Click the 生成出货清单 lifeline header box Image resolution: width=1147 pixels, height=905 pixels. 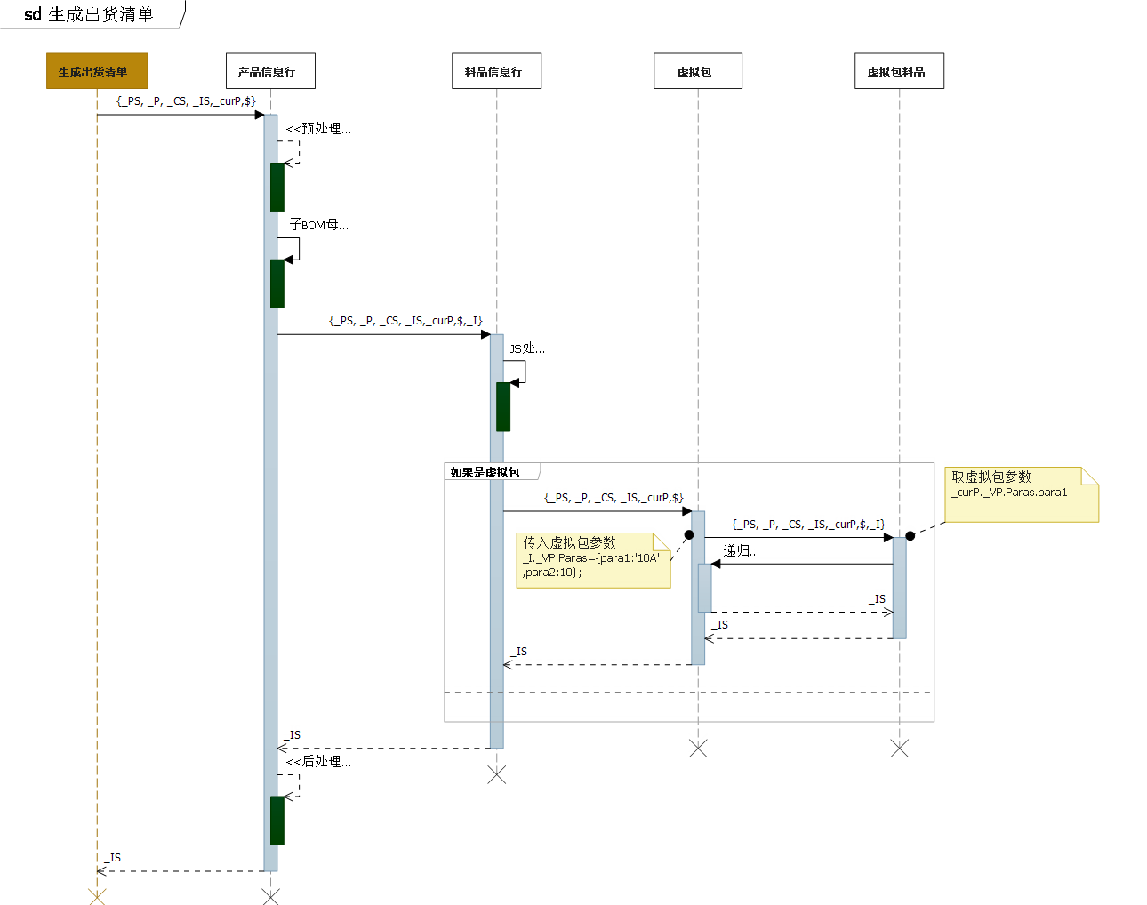(x=97, y=71)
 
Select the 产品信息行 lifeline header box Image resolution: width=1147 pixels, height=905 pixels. (x=270, y=71)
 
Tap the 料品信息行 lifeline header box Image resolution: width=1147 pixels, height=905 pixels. (x=496, y=71)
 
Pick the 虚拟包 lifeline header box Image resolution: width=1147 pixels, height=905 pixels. (x=697, y=71)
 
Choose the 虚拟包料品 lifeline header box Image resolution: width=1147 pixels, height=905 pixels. (x=899, y=71)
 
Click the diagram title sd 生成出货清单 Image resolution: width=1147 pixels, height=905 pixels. (x=89, y=14)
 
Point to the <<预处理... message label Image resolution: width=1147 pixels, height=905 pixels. (x=318, y=129)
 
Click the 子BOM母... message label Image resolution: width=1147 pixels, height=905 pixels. (x=318, y=225)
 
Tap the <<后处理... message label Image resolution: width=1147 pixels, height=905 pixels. (x=318, y=762)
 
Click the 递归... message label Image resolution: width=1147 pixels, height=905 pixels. (x=741, y=551)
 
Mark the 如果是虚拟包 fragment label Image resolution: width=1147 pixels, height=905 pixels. (x=485, y=472)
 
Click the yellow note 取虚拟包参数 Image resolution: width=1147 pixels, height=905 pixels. (x=1021, y=494)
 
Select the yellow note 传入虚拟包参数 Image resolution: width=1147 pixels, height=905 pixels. (x=593, y=560)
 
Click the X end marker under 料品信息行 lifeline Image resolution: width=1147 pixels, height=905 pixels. (x=497, y=775)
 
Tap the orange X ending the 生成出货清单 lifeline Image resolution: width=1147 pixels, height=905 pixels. (x=97, y=897)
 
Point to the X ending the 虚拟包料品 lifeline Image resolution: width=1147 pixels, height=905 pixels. (x=899, y=749)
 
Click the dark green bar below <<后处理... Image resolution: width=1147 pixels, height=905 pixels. (x=277, y=820)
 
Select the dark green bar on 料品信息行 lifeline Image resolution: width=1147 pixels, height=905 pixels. (x=503, y=406)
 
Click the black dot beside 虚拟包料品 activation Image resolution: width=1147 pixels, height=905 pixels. (x=910, y=536)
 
